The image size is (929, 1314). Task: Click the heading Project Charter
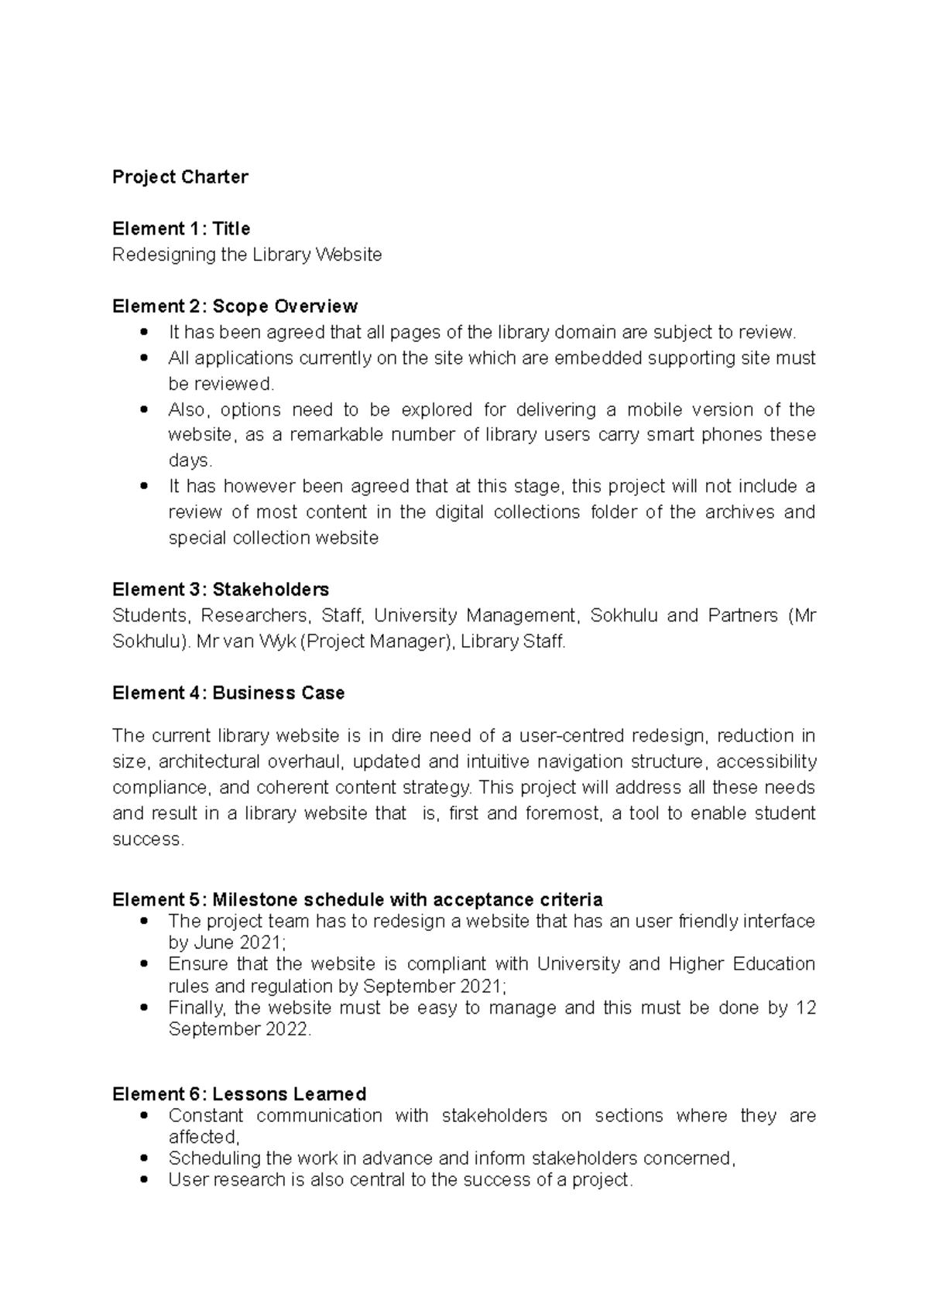click(180, 177)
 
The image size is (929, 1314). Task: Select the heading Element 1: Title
click(180, 229)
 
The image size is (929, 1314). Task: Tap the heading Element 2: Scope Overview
click(235, 306)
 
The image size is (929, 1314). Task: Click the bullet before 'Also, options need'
click(144, 409)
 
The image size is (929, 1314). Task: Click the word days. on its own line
click(190, 460)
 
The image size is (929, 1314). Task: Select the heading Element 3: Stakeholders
click(221, 590)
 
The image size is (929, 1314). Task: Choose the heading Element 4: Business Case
click(228, 693)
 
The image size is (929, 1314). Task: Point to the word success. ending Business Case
click(149, 840)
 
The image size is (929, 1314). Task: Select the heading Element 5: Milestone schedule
click(357, 900)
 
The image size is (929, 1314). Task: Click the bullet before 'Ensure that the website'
click(144, 965)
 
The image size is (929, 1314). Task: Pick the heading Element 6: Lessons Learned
click(239, 1094)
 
